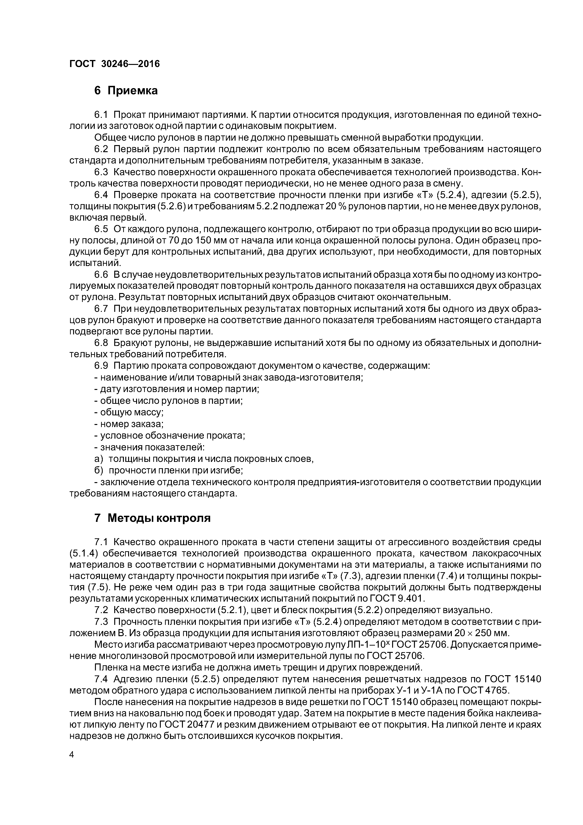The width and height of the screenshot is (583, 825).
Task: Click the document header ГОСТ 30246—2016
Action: click(x=114, y=64)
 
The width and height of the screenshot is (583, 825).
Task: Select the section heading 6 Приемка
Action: click(x=126, y=91)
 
